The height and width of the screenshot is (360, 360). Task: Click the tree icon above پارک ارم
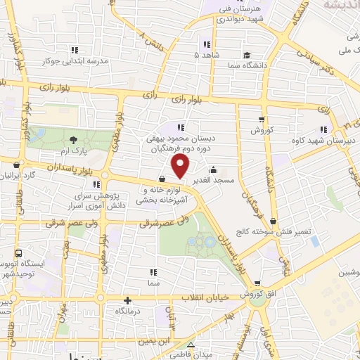(x=74, y=141)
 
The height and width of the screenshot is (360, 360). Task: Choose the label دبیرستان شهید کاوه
(x=321, y=141)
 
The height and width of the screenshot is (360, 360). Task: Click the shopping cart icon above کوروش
(x=262, y=120)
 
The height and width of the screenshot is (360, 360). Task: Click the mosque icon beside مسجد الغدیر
(x=214, y=169)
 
